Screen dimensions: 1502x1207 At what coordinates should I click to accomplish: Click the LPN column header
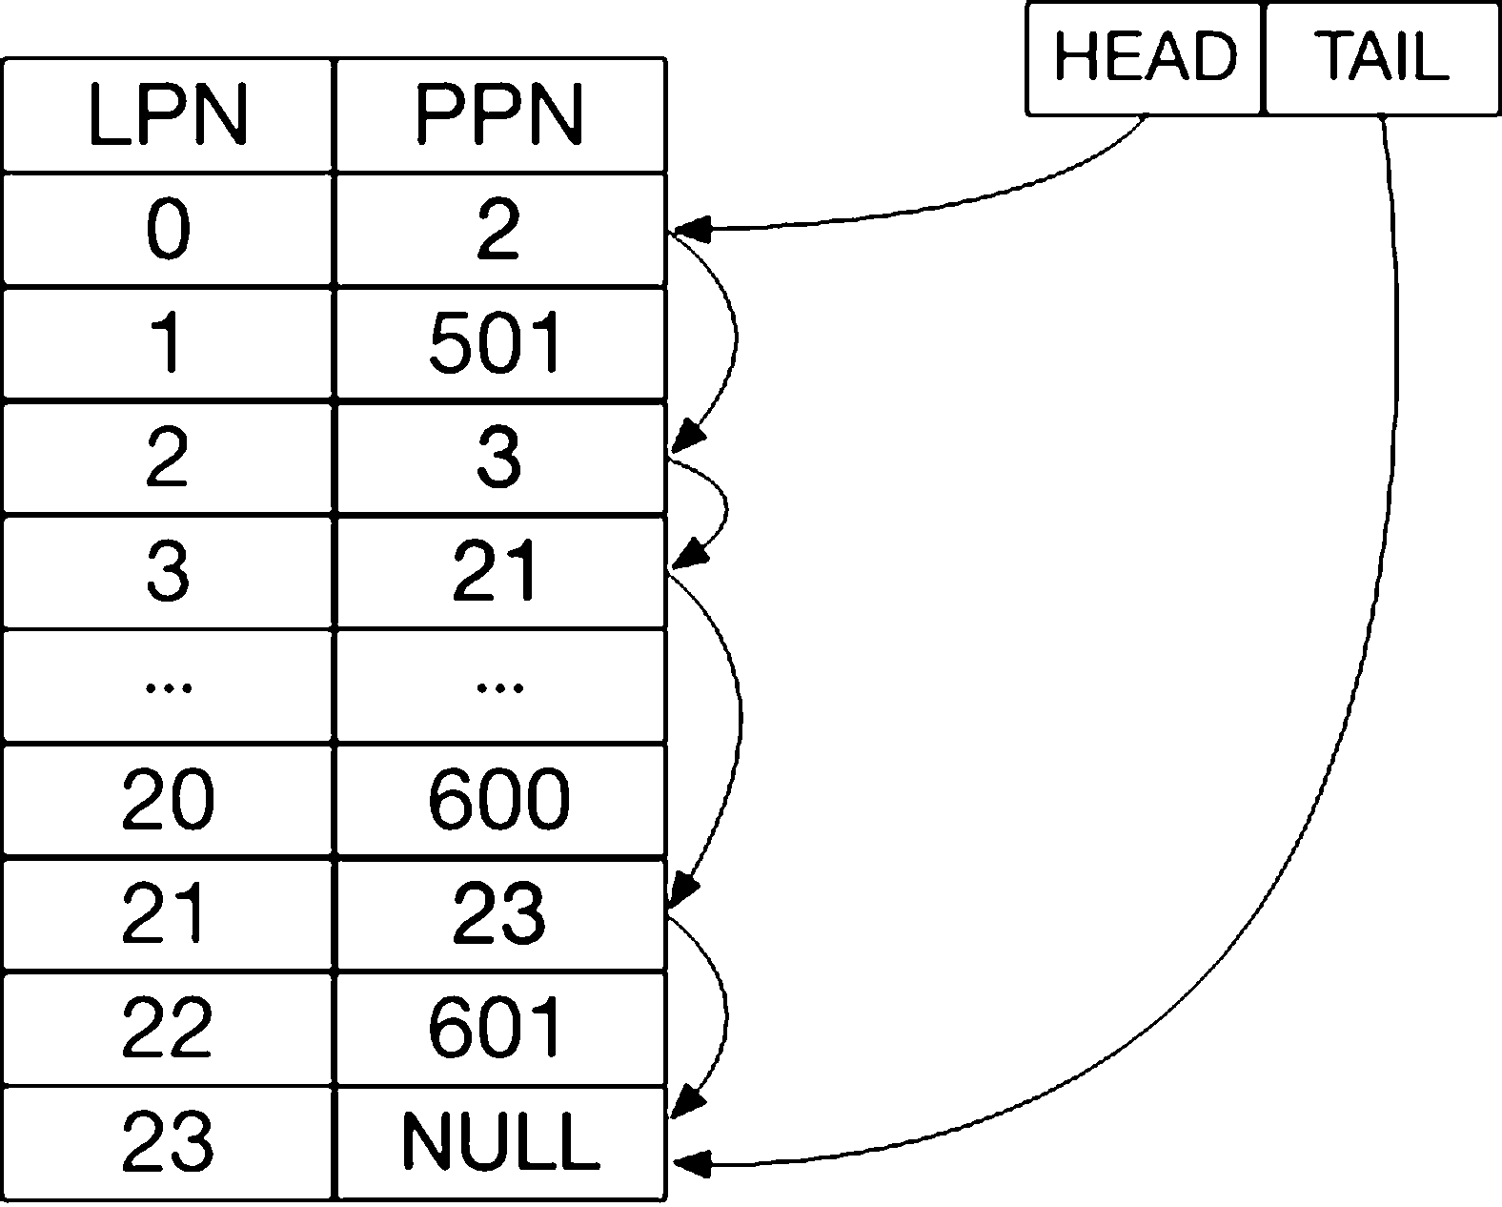[168, 115]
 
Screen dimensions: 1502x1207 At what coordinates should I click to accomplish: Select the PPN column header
[500, 115]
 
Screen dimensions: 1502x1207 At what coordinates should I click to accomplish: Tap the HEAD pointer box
[1144, 58]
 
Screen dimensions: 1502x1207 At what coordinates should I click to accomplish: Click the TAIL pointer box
[1382, 58]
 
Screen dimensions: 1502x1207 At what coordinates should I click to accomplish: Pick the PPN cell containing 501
[500, 343]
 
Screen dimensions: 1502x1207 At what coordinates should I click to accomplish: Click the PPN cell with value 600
[500, 800]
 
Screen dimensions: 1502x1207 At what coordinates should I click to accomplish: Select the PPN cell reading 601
[500, 1028]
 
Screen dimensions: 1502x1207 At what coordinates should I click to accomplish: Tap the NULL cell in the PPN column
[500, 1142]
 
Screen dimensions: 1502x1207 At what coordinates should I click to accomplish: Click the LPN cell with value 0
[168, 229]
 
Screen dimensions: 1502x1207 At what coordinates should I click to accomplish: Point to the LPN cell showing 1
[168, 343]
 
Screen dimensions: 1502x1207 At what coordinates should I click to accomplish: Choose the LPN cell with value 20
[168, 800]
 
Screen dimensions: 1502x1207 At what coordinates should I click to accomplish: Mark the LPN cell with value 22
[168, 1028]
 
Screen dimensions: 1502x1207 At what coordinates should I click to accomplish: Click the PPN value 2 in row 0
[498, 229]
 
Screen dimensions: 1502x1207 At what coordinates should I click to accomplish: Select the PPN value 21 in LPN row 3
[496, 571]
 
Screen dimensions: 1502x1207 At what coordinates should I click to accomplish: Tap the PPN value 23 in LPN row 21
[498, 913]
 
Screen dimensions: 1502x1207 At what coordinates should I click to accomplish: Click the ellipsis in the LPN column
[168, 688]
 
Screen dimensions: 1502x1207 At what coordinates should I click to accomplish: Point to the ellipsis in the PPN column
[499, 688]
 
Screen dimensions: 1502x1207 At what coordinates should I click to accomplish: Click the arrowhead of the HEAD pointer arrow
[691, 229]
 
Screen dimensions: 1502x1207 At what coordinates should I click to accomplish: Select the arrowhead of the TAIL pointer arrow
[692, 1164]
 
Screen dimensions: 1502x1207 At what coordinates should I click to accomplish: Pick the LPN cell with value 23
[168, 1142]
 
